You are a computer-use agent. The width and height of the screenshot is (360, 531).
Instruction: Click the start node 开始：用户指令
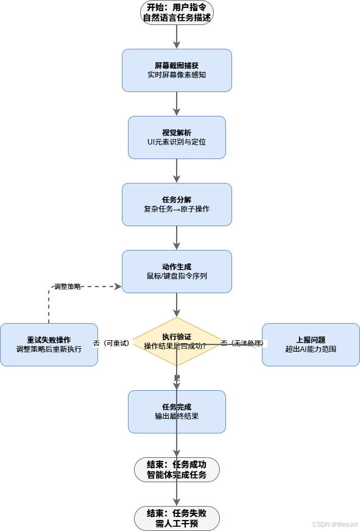[177, 12]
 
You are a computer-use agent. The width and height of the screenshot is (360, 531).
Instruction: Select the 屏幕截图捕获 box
[177, 70]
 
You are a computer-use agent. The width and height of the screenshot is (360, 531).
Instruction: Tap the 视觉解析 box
[177, 137]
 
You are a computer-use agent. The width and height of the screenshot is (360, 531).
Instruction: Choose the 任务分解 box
[177, 204]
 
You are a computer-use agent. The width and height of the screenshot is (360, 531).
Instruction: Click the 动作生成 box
[177, 271]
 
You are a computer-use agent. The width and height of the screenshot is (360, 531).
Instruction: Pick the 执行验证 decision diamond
[177, 341]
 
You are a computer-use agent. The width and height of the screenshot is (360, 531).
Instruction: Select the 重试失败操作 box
[49, 344]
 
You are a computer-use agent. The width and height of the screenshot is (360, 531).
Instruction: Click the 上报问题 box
[311, 344]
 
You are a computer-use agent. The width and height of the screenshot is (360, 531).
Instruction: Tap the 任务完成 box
[177, 412]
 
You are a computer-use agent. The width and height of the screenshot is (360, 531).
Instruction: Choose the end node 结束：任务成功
[177, 469]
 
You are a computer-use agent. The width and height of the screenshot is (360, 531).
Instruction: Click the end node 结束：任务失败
[177, 518]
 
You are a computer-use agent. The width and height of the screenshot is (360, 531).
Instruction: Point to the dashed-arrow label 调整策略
[68, 286]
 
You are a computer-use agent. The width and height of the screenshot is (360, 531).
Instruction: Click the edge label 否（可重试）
[111, 343]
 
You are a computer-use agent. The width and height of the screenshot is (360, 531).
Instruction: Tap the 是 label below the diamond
[177, 379]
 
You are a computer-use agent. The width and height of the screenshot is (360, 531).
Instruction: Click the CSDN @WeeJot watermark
[335, 524]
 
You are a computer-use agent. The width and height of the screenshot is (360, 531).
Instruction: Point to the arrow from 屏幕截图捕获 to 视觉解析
[177, 104]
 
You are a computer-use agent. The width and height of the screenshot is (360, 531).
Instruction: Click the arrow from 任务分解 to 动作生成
[177, 238]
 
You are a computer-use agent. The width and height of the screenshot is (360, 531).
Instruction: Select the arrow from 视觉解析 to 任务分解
[177, 171]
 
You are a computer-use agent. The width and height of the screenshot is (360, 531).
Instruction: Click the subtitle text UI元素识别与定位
[177, 142]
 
